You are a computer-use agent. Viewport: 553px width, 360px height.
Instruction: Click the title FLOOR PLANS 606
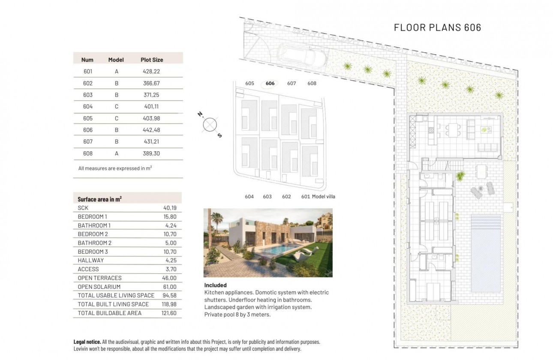click(437, 27)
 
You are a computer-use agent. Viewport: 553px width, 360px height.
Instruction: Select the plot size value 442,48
click(151, 130)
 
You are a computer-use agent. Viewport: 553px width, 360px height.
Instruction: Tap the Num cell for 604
click(87, 106)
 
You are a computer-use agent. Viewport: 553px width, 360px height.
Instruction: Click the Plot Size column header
click(152, 60)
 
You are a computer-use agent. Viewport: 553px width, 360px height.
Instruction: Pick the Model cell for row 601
click(116, 72)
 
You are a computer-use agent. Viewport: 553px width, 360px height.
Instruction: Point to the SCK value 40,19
click(170, 208)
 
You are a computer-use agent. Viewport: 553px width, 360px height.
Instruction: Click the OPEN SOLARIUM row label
click(99, 287)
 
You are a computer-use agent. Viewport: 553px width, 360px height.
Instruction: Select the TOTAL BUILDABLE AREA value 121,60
click(169, 313)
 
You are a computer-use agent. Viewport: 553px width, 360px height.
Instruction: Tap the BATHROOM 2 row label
click(94, 243)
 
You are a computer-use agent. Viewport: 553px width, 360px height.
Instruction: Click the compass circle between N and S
click(210, 125)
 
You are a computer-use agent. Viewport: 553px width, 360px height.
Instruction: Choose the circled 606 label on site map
click(270, 84)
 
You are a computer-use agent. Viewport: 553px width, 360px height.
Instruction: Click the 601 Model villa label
click(318, 197)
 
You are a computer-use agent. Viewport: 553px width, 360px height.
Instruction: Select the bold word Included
click(215, 285)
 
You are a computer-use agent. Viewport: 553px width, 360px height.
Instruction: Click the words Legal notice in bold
click(87, 342)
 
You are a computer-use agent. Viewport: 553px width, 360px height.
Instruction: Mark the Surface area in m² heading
click(99, 199)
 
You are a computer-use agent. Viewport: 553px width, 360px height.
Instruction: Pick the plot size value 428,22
click(151, 72)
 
